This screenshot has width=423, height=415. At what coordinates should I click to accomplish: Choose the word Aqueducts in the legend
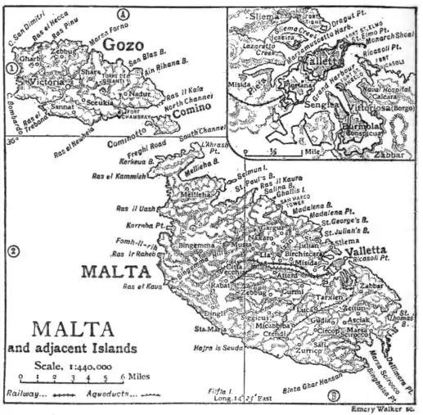click(x=99, y=394)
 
